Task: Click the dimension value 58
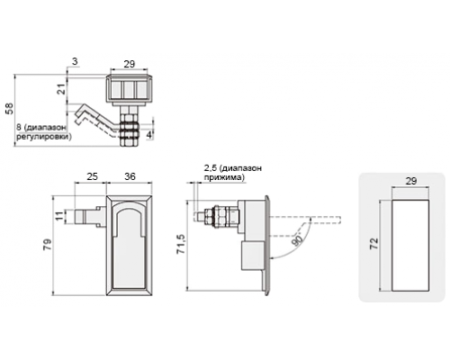(x=10, y=108)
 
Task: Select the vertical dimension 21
(x=61, y=89)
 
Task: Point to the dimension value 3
(x=75, y=61)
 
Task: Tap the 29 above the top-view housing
(x=130, y=64)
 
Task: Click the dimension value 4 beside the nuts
(x=149, y=135)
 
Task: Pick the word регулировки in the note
(x=44, y=137)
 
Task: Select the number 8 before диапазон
(x=19, y=128)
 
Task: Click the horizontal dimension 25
(x=92, y=176)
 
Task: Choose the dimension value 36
(x=130, y=176)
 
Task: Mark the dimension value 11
(x=60, y=216)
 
